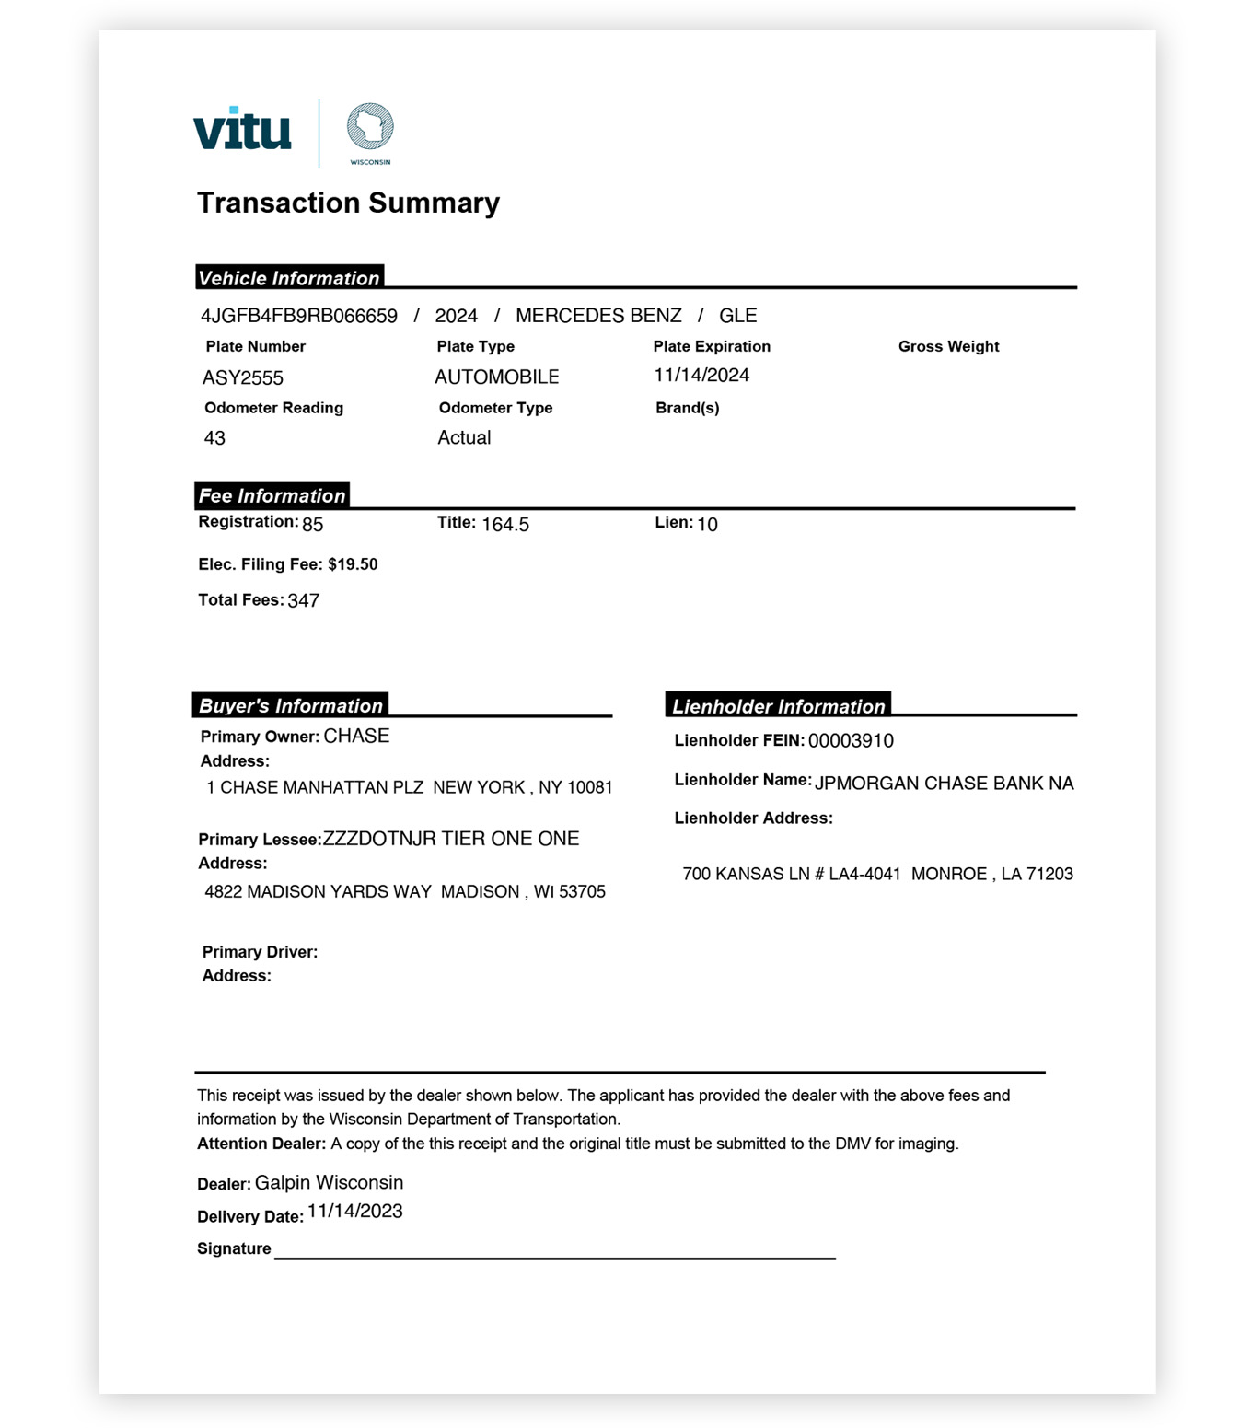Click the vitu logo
coord(242,130)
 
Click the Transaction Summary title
coord(348,203)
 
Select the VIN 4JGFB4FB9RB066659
coord(299,316)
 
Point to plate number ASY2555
coord(243,377)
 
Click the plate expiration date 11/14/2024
coord(701,375)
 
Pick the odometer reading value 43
coord(214,438)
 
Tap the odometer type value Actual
coord(464,437)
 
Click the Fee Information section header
coord(272,495)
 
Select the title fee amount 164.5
coord(505,525)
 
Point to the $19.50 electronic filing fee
coord(353,564)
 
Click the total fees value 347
coord(304,601)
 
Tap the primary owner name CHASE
coord(356,736)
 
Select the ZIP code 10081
coord(590,787)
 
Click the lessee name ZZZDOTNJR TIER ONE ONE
coord(451,839)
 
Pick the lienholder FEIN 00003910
coord(851,741)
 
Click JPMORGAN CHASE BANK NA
coord(944,784)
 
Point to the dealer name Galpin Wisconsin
coord(329,1182)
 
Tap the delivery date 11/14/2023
coord(355,1212)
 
